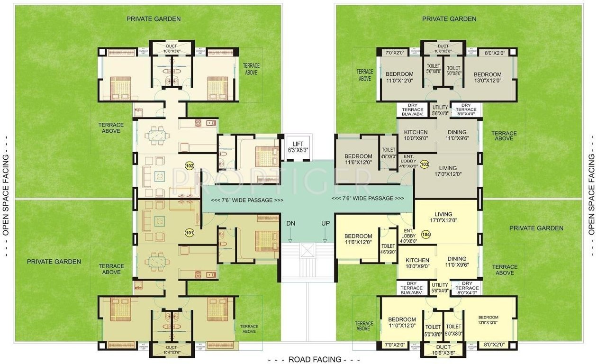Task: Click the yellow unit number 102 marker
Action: (190, 166)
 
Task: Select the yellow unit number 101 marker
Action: (190, 233)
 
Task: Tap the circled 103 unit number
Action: (424, 164)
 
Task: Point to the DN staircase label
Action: (290, 223)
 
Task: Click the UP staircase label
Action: (326, 223)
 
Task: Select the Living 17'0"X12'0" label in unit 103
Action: (448, 171)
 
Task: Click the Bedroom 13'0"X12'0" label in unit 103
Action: (488, 77)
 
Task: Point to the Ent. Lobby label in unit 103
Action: (408, 161)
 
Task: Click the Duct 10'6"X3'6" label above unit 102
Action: (172, 49)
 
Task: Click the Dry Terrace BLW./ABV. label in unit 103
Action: (412, 109)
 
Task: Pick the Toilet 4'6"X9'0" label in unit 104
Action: (388, 249)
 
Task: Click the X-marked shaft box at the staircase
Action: (308, 250)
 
